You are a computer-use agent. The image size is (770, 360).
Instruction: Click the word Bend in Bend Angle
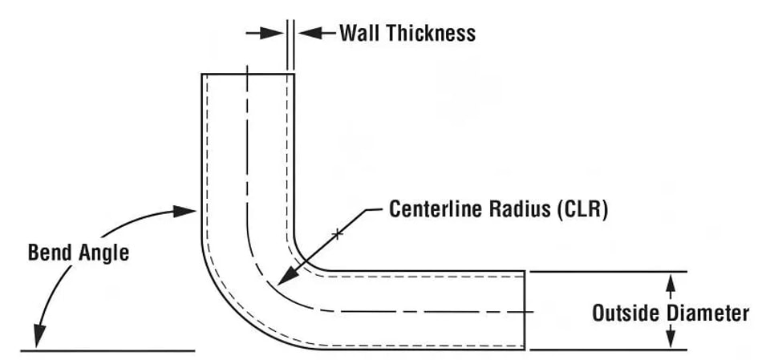50,253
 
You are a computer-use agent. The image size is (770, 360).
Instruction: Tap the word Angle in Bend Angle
103,254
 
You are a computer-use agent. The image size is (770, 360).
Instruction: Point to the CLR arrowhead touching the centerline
287,276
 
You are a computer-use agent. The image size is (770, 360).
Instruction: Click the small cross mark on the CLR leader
337,234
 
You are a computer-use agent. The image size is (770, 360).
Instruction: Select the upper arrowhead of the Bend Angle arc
184,211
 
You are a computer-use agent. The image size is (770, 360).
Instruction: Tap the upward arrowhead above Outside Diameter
671,283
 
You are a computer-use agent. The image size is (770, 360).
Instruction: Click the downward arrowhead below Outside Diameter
671,338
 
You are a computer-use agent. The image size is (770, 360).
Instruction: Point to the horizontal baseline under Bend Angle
108,350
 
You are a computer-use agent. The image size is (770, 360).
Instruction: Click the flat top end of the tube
248,74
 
